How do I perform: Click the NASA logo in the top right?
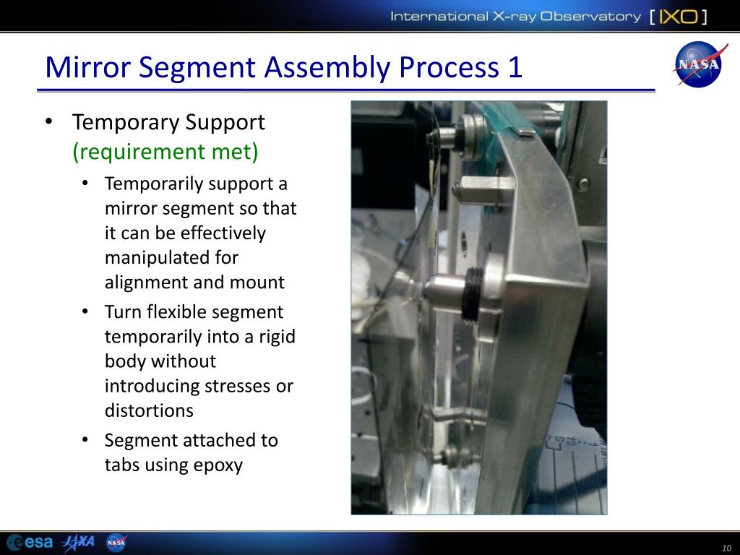[x=698, y=64]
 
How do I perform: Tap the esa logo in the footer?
[x=29, y=542]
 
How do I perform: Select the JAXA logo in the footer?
[x=78, y=542]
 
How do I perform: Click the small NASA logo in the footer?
[x=116, y=542]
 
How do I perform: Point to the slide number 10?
[x=727, y=548]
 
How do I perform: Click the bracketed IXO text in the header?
[x=678, y=17]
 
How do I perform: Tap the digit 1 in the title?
[x=515, y=67]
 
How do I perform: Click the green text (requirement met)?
[x=165, y=152]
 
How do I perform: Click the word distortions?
[x=149, y=410]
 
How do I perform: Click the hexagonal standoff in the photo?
[x=481, y=190]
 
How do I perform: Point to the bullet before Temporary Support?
[x=48, y=121]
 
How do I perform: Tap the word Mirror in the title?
[x=87, y=67]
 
